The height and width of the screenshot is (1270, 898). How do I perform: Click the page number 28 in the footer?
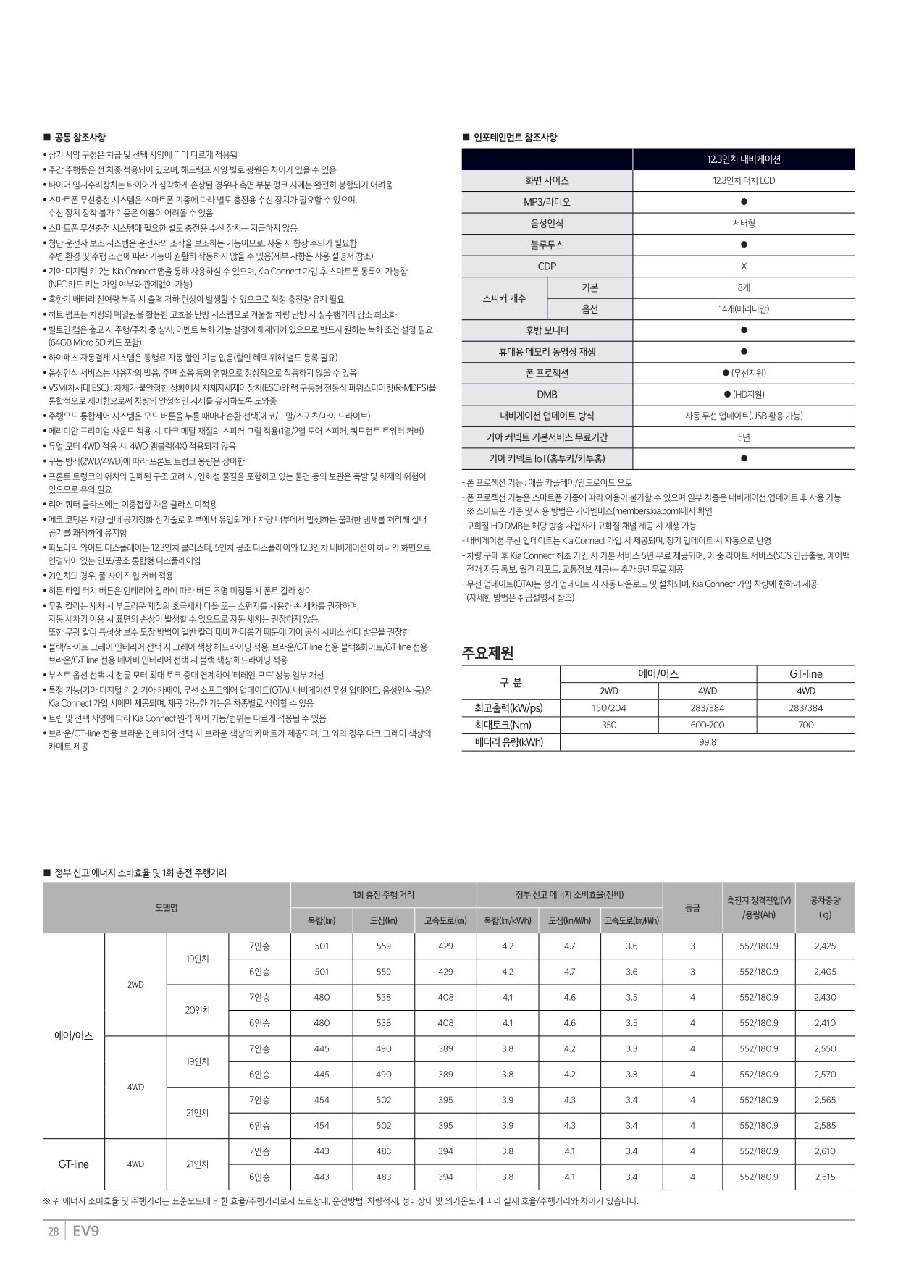(x=53, y=1232)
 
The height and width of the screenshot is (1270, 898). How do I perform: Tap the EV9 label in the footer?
(x=85, y=1231)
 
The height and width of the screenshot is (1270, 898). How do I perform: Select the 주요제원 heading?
(x=487, y=653)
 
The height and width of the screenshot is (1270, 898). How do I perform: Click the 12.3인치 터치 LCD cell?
(x=744, y=180)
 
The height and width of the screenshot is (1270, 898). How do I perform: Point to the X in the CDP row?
(x=744, y=266)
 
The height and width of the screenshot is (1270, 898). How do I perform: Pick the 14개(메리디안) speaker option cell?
(x=744, y=308)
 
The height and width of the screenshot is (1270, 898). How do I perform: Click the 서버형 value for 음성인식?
(x=744, y=224)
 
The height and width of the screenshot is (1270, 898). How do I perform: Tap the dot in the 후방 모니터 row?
(x=744, y=330)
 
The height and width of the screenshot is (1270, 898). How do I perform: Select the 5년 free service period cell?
(x=744, y=437)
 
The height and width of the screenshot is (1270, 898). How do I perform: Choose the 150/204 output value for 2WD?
(x=609, y=708)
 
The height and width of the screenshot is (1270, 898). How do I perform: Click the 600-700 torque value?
(x=708, y=725)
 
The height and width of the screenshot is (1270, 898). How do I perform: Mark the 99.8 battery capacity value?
(x=708, y=742)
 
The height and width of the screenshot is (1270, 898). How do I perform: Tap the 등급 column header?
(x=692, y=907)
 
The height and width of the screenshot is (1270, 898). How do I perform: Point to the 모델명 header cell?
(x=167, y=907)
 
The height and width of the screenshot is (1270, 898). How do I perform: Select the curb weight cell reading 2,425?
(x=825, y=946)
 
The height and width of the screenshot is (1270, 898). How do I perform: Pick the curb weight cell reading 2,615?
(x=825, y=1177)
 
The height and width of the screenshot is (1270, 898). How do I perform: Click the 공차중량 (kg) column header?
(x=825, y=907)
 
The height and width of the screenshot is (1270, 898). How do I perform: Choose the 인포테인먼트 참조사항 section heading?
(x=515, y=137)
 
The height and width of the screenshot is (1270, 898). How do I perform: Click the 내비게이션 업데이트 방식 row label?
(x=547, y=416)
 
